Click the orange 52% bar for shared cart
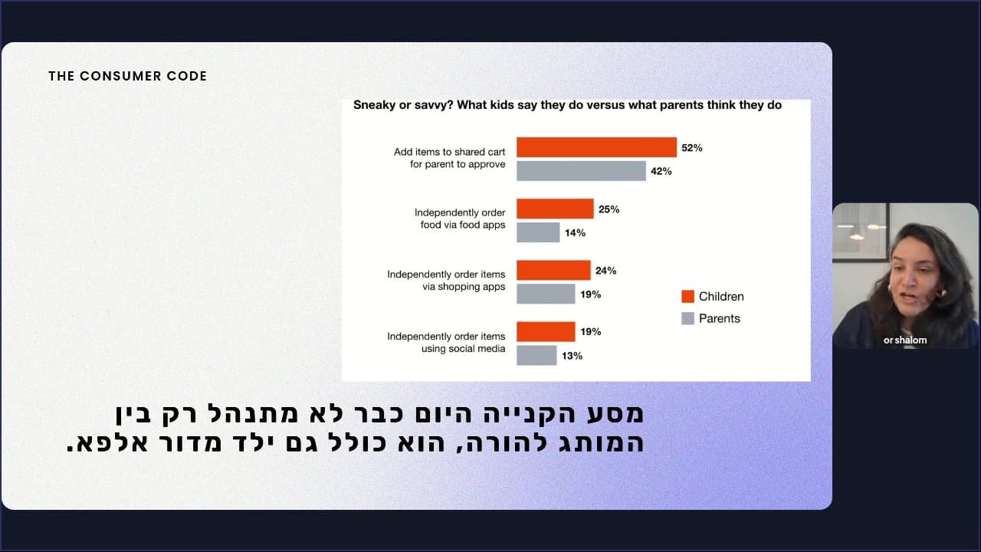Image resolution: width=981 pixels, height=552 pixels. (596, 147)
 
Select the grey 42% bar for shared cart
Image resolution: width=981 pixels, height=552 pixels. (581, 171)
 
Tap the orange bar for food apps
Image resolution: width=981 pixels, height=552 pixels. (555, 209)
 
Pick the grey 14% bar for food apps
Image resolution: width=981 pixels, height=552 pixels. (538, 232)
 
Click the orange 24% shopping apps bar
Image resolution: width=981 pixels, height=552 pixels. (553, 270)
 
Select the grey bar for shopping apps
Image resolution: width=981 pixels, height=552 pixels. (546, 294)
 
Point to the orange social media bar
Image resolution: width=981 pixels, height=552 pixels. (546, 331)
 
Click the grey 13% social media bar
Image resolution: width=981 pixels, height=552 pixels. (536, 355)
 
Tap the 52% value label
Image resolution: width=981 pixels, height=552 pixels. (691, 147)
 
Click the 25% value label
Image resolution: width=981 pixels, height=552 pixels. (609, 209)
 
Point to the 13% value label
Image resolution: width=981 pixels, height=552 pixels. (572, 356)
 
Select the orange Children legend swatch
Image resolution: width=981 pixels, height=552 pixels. (687, 297)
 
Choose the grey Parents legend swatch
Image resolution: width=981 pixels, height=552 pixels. (687, 318)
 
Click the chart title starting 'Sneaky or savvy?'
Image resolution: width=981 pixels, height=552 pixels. (567, 105)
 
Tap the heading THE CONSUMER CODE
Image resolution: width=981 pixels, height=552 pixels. (127, 76)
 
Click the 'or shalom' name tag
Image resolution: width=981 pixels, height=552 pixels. (904, 340)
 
